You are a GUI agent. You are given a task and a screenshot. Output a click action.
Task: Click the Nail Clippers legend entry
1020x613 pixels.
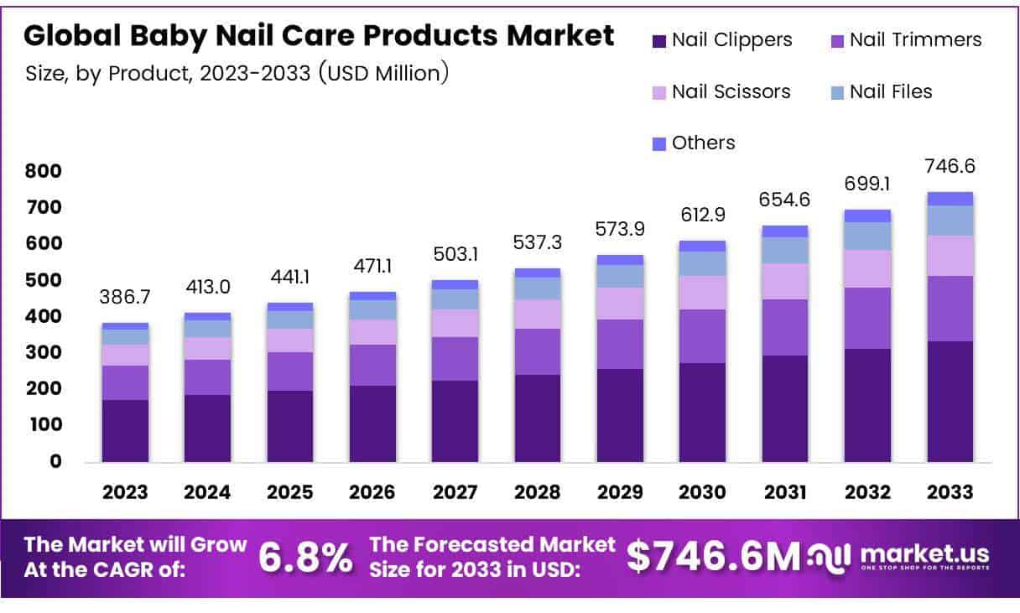[x=721, y=39]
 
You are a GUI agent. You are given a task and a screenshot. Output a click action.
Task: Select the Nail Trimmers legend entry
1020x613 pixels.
[x=905, y=39]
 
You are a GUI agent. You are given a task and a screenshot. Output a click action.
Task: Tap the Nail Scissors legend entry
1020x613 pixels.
[x=721, y=91]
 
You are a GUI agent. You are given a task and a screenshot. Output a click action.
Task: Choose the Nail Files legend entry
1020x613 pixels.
[x=881, y=91]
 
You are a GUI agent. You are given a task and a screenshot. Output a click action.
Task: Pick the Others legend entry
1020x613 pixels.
[x=694, y=143]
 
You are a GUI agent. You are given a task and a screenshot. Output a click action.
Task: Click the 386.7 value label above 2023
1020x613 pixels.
[x=125, y=299]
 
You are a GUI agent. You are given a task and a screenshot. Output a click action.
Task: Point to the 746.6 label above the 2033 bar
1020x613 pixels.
[x=950, y=167]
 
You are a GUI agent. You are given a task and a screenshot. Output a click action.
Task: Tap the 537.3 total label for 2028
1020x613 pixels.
[x=538, y=244]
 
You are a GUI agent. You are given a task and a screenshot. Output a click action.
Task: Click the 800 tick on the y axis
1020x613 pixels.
[x=44, y=172]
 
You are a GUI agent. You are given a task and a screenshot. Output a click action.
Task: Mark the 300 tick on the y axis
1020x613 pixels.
[x=44, y=353]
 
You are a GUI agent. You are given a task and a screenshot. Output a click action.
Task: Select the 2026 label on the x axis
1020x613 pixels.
[x=372, y=492]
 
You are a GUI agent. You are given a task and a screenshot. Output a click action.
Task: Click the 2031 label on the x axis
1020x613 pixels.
[x=785, y=492]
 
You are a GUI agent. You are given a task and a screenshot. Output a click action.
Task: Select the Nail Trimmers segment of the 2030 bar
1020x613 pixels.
[x=702, y=336]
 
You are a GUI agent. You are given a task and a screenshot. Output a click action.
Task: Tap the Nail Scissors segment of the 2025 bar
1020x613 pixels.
[x=289, y=340]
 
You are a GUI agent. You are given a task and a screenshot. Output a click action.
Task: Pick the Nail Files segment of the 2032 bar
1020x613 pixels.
[x=867, y=236]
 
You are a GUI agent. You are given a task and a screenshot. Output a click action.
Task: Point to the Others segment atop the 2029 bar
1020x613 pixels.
[x=620, y=260]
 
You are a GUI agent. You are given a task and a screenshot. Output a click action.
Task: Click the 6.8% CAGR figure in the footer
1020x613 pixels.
[x=305, y=558]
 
